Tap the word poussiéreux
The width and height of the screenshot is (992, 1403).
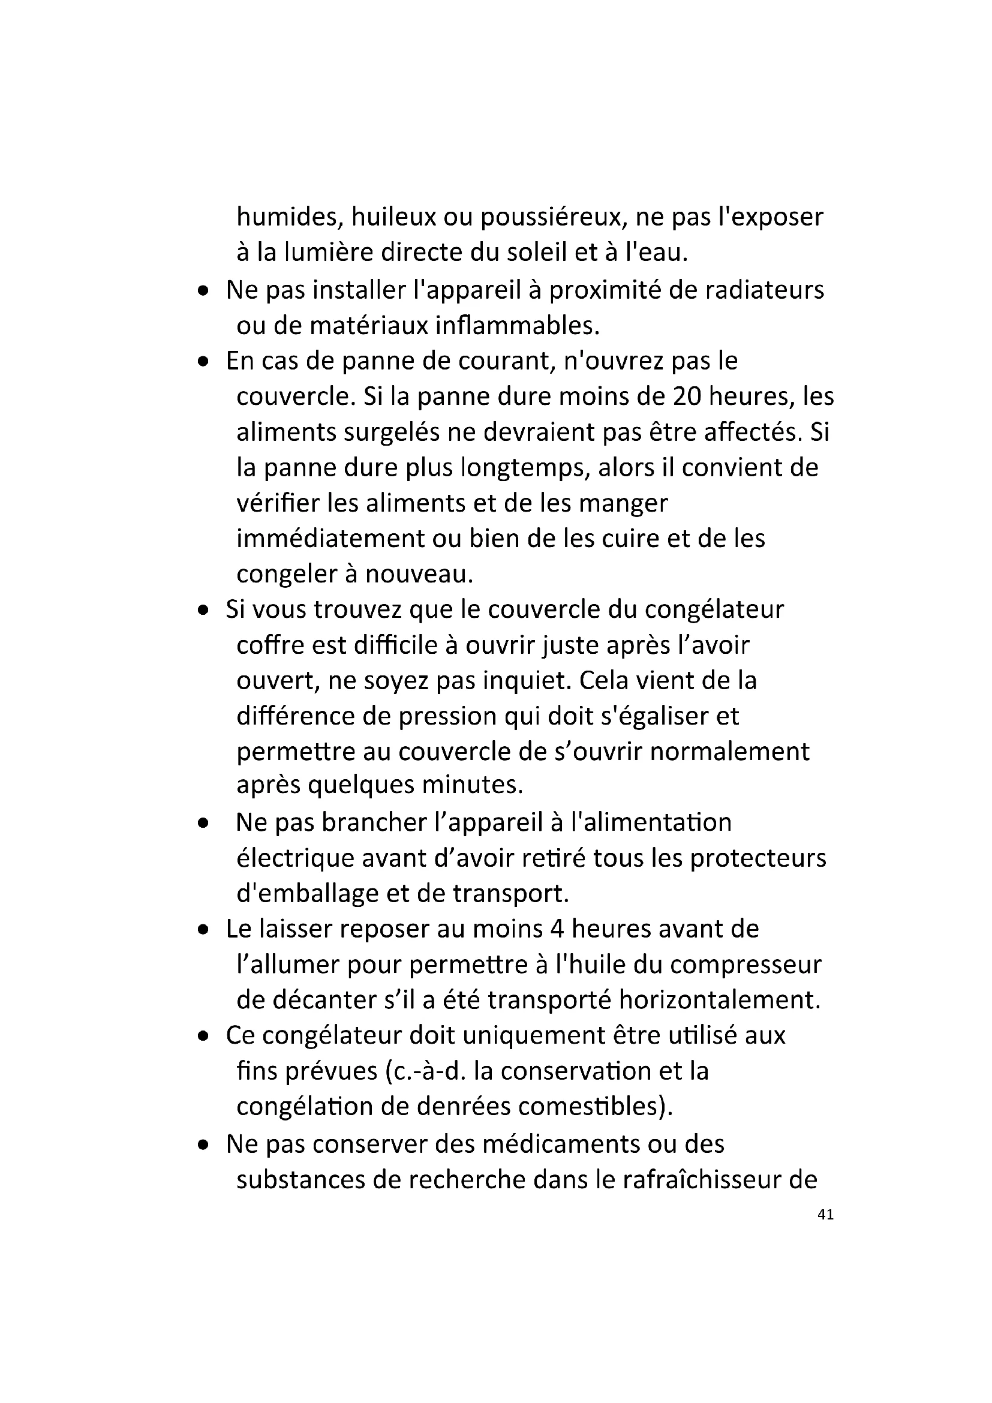pos(552,217)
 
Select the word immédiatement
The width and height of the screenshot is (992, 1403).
pos(330,538)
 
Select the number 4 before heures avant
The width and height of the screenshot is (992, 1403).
pos(556,929)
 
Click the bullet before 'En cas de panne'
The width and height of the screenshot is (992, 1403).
pos(204,362)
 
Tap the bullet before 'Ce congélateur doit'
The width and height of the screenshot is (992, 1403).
pos(204,1037)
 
